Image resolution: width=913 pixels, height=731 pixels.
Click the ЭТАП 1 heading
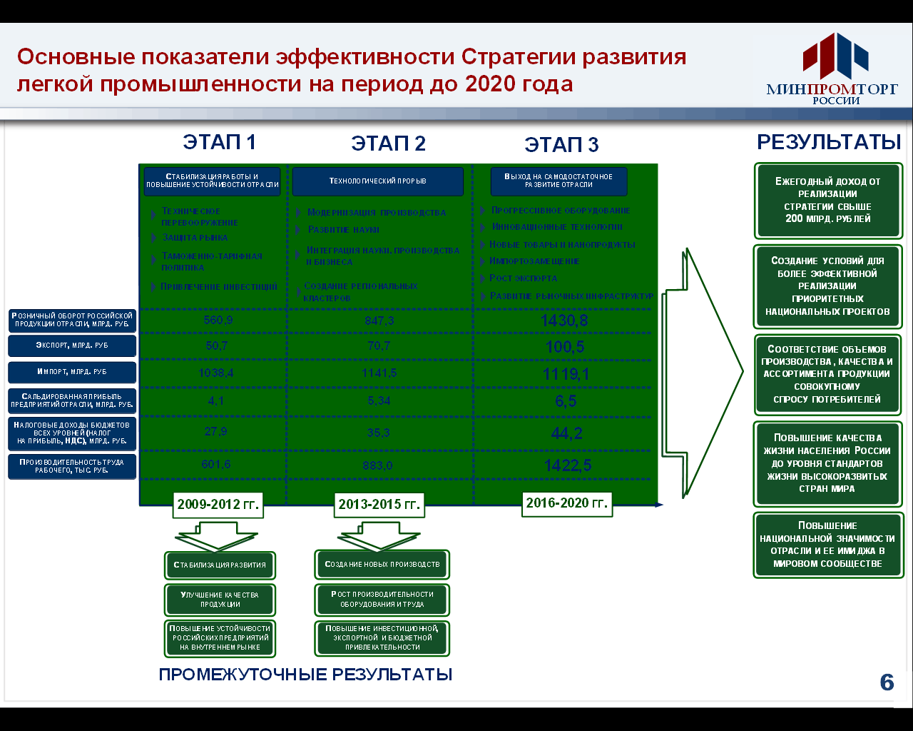219,142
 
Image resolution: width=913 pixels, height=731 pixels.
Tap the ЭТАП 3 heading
561,145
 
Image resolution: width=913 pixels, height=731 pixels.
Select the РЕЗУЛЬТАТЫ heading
829,142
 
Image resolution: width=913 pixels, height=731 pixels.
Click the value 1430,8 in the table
564,321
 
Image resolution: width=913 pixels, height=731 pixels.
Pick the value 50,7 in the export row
217,346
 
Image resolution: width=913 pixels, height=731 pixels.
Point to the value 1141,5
379,373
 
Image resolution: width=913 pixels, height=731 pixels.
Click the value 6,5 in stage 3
566,401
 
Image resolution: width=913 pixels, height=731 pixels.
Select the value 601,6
216,465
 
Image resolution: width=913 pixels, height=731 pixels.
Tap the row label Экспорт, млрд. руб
72,346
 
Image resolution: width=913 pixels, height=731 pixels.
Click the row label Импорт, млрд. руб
72,372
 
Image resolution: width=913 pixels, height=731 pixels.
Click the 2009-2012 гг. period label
218,505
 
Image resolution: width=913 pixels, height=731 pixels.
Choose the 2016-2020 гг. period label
567,503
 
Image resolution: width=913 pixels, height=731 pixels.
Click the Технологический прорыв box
377,181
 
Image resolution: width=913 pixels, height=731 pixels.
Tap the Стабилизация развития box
220,565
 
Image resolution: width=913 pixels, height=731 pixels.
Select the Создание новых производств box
382,564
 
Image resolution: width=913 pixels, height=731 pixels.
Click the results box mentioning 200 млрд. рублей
828,201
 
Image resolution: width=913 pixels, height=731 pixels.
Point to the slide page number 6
887,683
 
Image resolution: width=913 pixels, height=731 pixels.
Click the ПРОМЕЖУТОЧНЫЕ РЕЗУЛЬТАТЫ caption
305,675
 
